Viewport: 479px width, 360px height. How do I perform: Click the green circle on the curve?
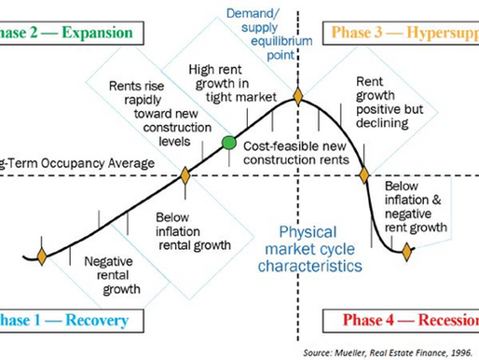click(x=228, y=143)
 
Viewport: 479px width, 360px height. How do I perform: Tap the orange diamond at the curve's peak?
click(x=298, y=95)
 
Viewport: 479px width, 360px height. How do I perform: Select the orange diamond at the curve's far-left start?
click(x=41, y=253)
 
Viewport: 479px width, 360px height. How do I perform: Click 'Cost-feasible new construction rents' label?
click(x=296, y=154)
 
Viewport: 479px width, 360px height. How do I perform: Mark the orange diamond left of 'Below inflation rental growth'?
click(x=185, y=174)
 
